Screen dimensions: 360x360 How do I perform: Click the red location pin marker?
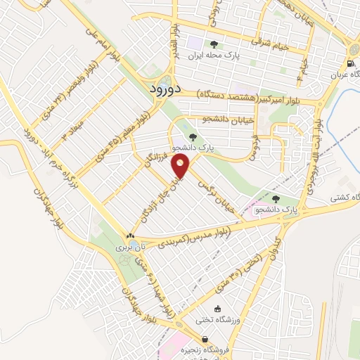182,167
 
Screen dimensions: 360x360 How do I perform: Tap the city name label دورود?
166,89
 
